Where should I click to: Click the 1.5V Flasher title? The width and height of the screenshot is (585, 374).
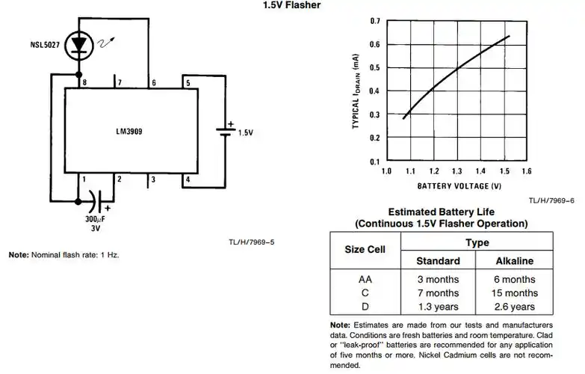291,5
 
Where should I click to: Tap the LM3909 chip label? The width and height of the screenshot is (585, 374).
129,131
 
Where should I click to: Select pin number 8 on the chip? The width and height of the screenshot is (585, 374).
84,82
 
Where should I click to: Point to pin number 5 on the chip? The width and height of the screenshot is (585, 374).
188,82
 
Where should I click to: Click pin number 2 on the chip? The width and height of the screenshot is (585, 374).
118,179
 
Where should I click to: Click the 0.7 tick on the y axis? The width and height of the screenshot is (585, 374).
374,21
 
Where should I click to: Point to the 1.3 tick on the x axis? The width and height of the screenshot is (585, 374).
456,171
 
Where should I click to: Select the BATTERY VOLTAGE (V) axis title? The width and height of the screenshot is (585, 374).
459,185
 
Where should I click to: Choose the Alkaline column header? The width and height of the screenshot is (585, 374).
515,261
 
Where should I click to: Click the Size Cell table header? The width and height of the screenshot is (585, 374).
365,250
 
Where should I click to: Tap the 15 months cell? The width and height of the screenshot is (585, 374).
515,292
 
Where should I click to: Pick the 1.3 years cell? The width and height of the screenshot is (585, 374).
439,307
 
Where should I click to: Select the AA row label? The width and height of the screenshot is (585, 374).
365,279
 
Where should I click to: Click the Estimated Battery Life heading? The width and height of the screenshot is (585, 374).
440,212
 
